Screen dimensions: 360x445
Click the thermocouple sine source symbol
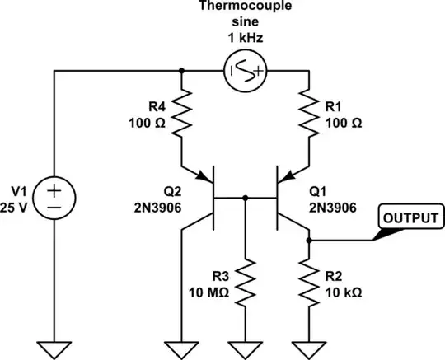coord(245,71)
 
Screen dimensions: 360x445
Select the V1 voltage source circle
coord(55,199)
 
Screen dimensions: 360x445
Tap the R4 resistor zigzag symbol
coord(182,115)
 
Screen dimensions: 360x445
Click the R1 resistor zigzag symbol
coord(309,115)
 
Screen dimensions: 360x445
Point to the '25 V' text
coord(18,207)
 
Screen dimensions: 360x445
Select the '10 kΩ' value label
coord(340,292)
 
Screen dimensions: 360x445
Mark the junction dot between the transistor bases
coord(246,198)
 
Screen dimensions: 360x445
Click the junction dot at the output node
coord(309,241)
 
